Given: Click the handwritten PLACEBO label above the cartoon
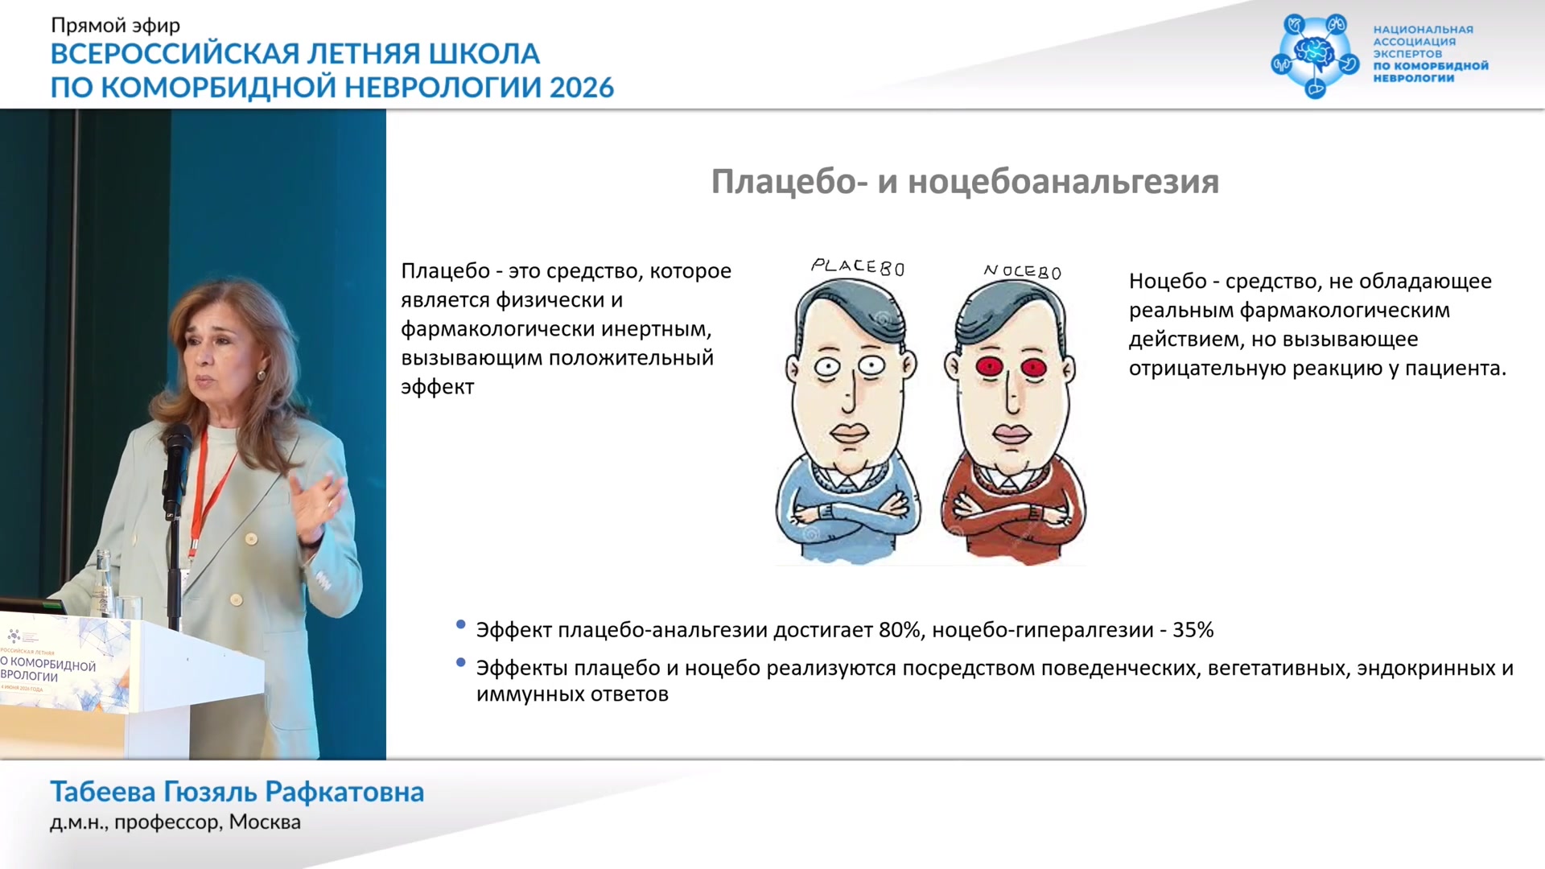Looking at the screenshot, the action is [x=858, y=266].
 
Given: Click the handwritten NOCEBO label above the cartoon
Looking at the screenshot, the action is [x=1023, y=271].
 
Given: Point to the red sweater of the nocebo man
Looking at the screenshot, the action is [x=1013, y=510].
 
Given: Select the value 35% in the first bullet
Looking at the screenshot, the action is [x=1193, y=629].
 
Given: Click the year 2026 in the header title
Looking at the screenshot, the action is [x=582, y=87].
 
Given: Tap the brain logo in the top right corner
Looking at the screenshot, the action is [x=1315, y=56].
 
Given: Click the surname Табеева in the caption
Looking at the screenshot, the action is [x=103, y=792].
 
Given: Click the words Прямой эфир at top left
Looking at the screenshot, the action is [x=116, y=27].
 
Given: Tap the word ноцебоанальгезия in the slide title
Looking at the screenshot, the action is [x=1064, y=182].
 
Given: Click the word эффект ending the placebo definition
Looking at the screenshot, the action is [x=438, y=387].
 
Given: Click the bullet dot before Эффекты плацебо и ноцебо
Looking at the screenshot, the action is [x=461, y=662].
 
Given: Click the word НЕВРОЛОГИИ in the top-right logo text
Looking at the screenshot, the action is [x=1414, y=78].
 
